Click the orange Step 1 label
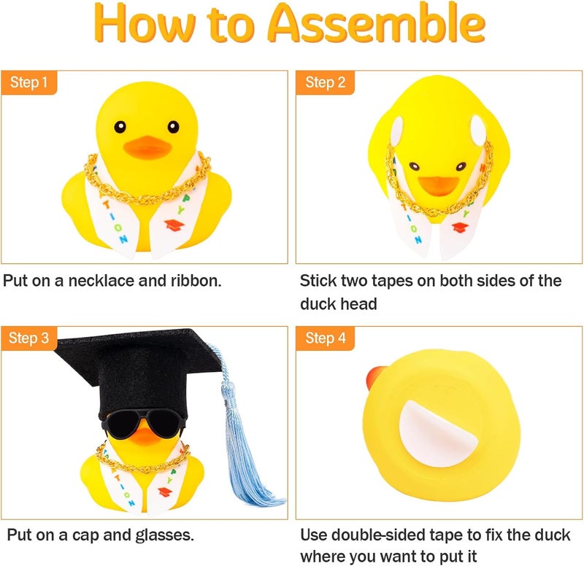point(29,82)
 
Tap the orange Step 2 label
point(325,82)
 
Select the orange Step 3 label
point(29,338)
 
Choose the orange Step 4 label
point(325,338)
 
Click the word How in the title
point(142,26)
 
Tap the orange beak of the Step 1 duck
point(147,148)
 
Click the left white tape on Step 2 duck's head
point(396,132)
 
